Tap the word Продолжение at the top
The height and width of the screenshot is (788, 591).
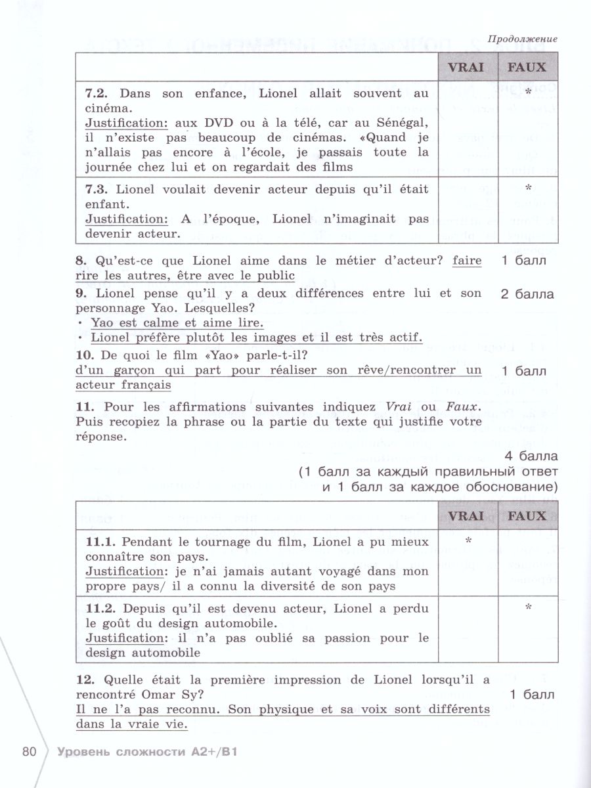click(523, 39)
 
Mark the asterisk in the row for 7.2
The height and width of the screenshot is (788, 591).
click(528, 93)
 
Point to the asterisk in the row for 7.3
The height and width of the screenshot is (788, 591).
click(528, 188)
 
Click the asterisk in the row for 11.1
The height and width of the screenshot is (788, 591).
click(468, 541)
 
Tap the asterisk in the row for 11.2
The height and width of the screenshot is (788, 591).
click(528, 607)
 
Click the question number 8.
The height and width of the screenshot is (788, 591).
click(80, 261)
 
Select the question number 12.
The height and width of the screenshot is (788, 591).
click(83, 680)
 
